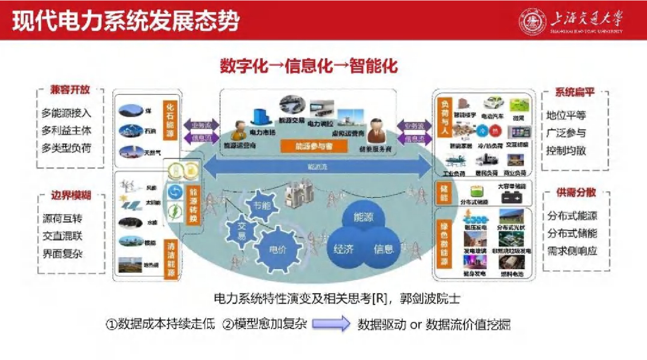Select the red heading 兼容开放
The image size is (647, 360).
point(70,90)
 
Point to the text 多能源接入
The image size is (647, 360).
point(66,113)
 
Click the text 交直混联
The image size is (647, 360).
point(63,237)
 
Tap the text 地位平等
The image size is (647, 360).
point(567,116)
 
